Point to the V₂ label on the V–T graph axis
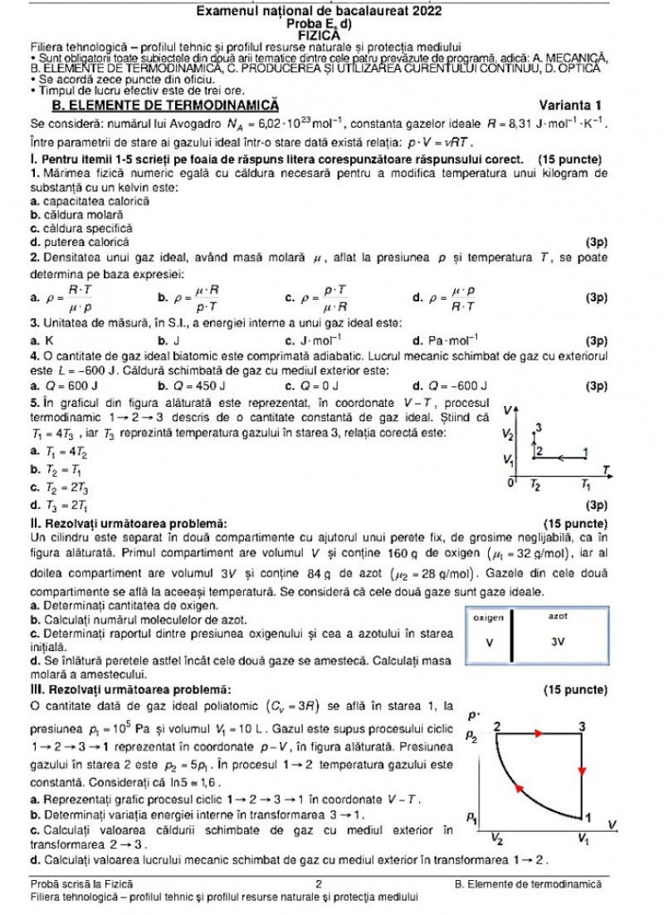(x=508, y=434)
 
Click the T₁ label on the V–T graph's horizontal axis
(x=585, y=484)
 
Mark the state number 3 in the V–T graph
(x=539, y=428)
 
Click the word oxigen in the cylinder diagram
(x=488, y=618)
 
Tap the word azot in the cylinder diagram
(x=558, y=617)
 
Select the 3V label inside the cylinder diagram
(x=558, y=642)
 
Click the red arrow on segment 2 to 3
(x=539, y=733)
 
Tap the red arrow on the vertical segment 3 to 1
(x=582, y=771)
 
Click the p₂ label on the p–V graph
(x=471, y=736)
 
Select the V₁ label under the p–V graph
(x=584, y=838)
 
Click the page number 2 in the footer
(x=319, y=884)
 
